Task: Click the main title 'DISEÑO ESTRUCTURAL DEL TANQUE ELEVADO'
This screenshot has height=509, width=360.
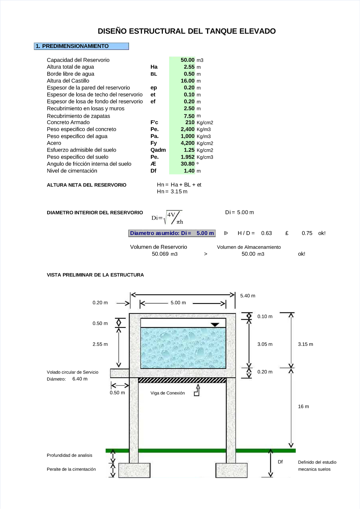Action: (187, 31)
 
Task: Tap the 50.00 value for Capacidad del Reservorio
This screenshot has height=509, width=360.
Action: (187, 60)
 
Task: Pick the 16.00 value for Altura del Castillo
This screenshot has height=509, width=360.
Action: (187, 81)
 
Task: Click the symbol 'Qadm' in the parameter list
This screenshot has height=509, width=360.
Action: (158, 150)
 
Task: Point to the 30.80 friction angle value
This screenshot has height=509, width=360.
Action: (187, 164)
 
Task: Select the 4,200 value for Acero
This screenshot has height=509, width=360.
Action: (187, 143)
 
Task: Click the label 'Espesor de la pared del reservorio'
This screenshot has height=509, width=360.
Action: (88, 88)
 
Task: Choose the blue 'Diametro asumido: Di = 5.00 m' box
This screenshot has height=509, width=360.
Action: (172, 233)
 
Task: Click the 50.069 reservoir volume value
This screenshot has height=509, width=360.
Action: (160, 254)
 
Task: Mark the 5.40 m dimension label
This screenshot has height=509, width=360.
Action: (247, 296)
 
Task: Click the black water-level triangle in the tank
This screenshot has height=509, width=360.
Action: (215, 325)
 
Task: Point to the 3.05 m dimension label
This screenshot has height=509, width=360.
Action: (265, 344)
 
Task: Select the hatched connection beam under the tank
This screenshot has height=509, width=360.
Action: (182, 380)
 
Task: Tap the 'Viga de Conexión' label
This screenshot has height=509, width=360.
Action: (167, 393)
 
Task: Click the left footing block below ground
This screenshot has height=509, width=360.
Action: (134, 470)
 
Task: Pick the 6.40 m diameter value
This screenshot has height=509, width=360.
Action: (80, 379)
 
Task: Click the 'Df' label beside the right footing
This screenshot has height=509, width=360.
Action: (280, 462)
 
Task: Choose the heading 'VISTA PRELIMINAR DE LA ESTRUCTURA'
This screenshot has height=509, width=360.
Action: (95, 275)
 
